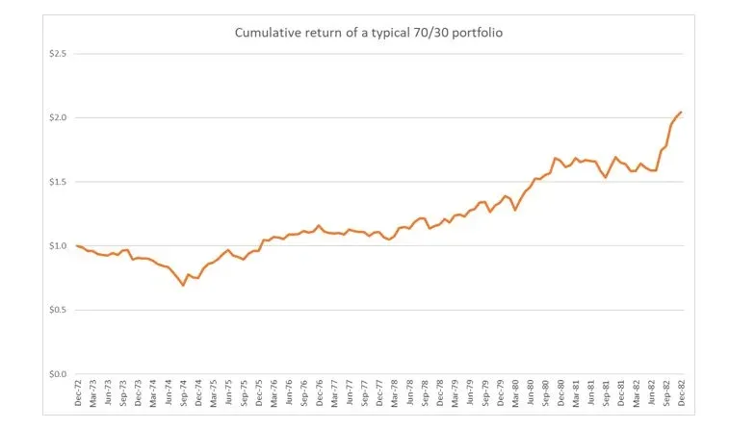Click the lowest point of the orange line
tap(183, 286)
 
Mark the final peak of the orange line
tap(681, 113)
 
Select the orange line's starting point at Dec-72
tap(77, 245)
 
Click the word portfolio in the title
tap(476, 34)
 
